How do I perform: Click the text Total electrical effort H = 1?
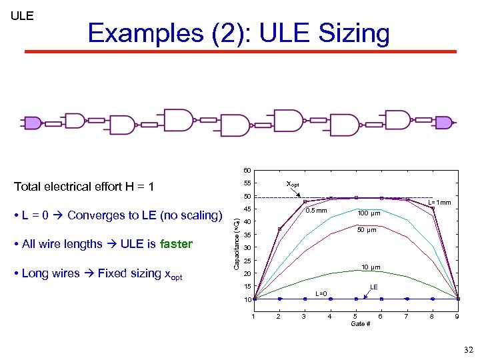pyautogui.click(x=84, y=186)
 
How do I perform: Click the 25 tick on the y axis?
pyautogui.click(x=246, y=261)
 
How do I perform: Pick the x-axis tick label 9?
pyautogui.click(x=457, y=316)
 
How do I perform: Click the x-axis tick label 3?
pyautogui.click(x=304, y=316)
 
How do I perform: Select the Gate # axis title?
pyautogui.click(x=360, y=324)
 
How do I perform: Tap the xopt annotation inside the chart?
pyautogui.click(x=293, y=183)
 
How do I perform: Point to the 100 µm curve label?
pyautogui.click(x=369, y=213)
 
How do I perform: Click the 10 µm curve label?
pyautogui.click(x=371, y=267)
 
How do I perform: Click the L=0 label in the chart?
pyautogui.click(x=321, y=293)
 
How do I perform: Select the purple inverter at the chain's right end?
pyautogui.click(x=443, y=121)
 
